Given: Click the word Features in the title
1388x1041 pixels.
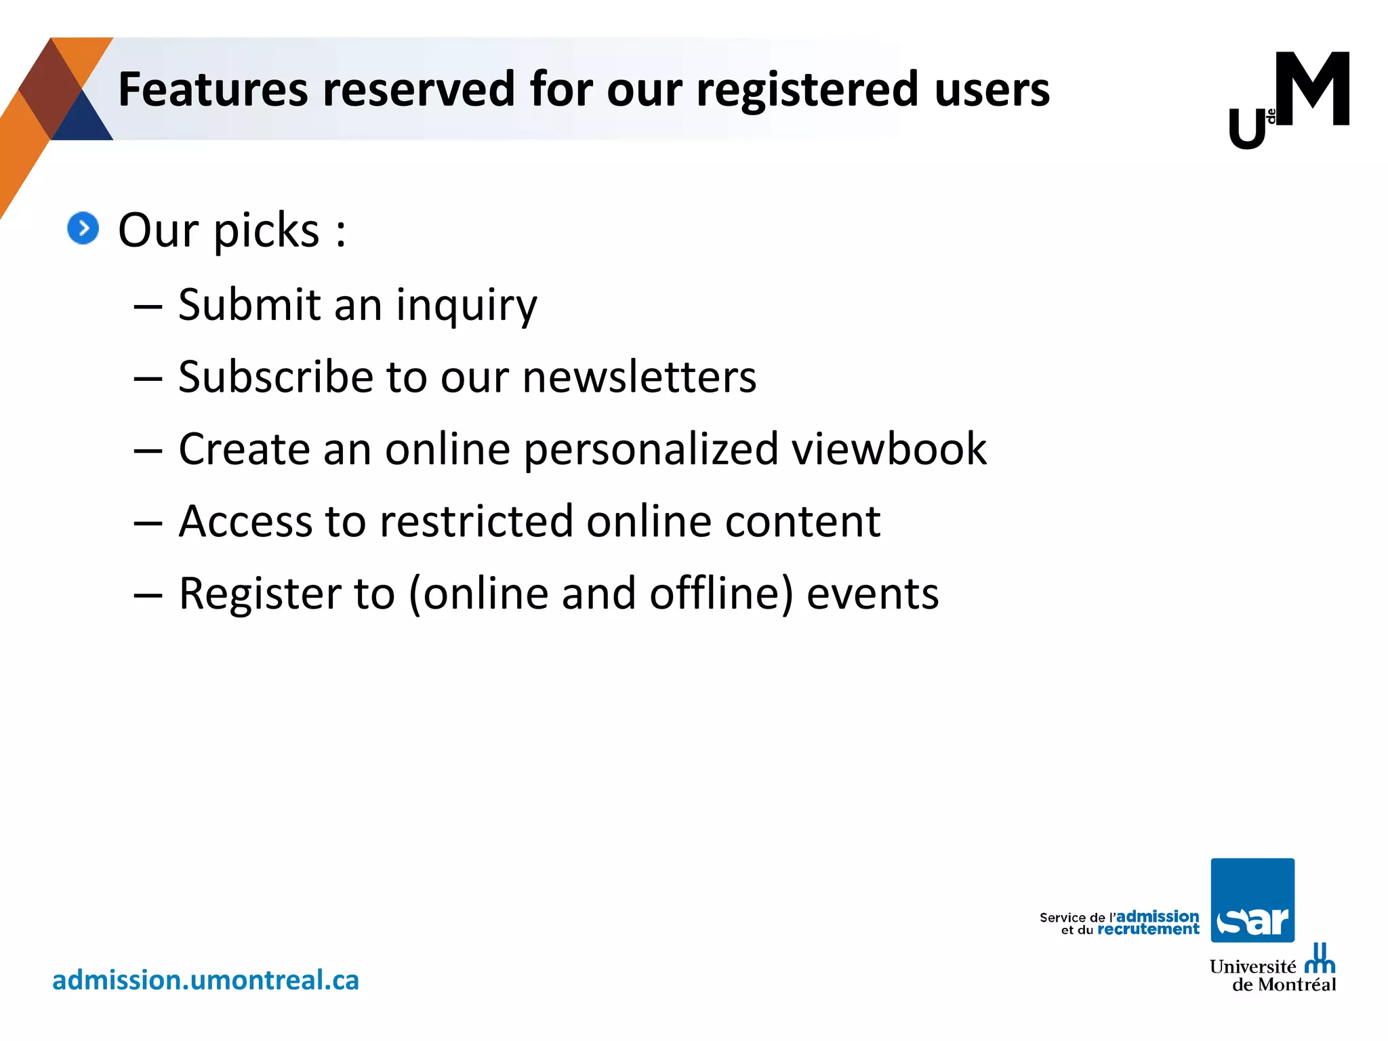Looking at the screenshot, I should click(213, 89).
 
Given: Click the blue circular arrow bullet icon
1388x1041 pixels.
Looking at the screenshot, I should click(83, 228).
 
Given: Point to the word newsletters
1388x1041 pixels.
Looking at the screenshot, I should click(639, 377).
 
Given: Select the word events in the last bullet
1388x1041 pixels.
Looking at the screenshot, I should click(872, 594).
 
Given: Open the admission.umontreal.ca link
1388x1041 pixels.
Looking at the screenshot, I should click(205, 980).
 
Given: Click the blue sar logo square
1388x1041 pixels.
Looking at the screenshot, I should click(1252, 900).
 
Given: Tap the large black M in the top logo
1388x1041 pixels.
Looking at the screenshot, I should click(1312, 89).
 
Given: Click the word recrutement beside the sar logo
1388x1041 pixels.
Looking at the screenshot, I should click(1148, 930).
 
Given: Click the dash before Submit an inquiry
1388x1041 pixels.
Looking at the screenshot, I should click(148, 306).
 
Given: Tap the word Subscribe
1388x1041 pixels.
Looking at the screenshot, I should click(275, 377).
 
